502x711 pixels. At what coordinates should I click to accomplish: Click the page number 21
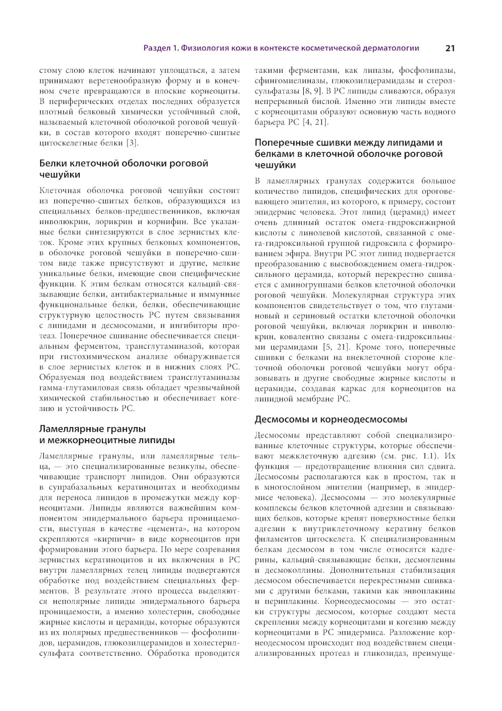click(450, 48)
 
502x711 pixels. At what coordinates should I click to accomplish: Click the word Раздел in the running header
click(157, 48)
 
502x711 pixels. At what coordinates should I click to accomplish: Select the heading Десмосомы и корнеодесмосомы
click(331, 420)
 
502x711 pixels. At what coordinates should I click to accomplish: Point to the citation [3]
click(133, 143)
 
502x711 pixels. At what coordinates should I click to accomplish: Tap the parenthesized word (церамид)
click(412, 212)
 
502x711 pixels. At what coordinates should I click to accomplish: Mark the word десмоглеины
click(429, 560)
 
